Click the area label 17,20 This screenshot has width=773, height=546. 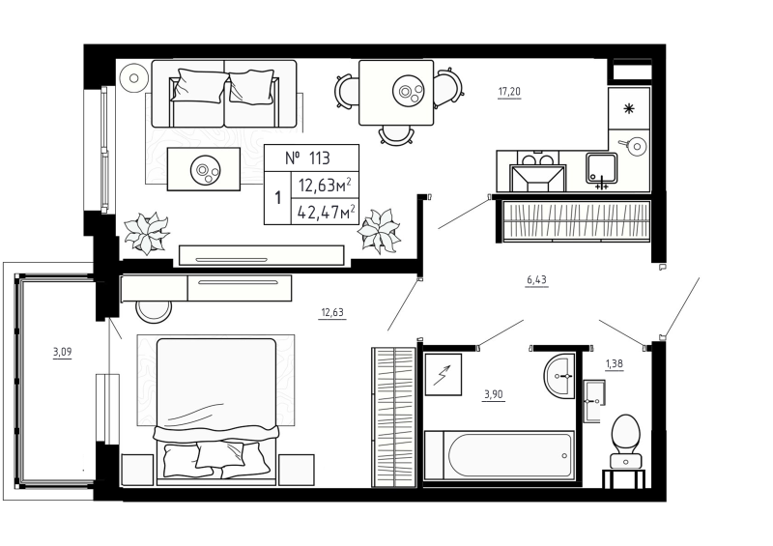coord(509,92)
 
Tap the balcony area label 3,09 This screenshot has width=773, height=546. coord(62,352)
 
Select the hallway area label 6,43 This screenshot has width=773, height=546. coord(536,280)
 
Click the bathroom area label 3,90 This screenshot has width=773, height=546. coord(493,393)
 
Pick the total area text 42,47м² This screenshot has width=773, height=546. coord(326,211)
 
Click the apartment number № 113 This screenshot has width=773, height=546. coord(309,158)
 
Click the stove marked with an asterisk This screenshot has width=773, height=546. coord(629,109)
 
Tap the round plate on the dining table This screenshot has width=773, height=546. coord(408,93)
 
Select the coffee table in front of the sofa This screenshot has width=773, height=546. coord(203,169)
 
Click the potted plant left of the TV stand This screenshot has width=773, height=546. coord(148,233)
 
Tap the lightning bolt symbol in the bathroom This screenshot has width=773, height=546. coord(442,374)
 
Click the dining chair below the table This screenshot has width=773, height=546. coord(395,134)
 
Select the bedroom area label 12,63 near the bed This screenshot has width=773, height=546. coord(332,312)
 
